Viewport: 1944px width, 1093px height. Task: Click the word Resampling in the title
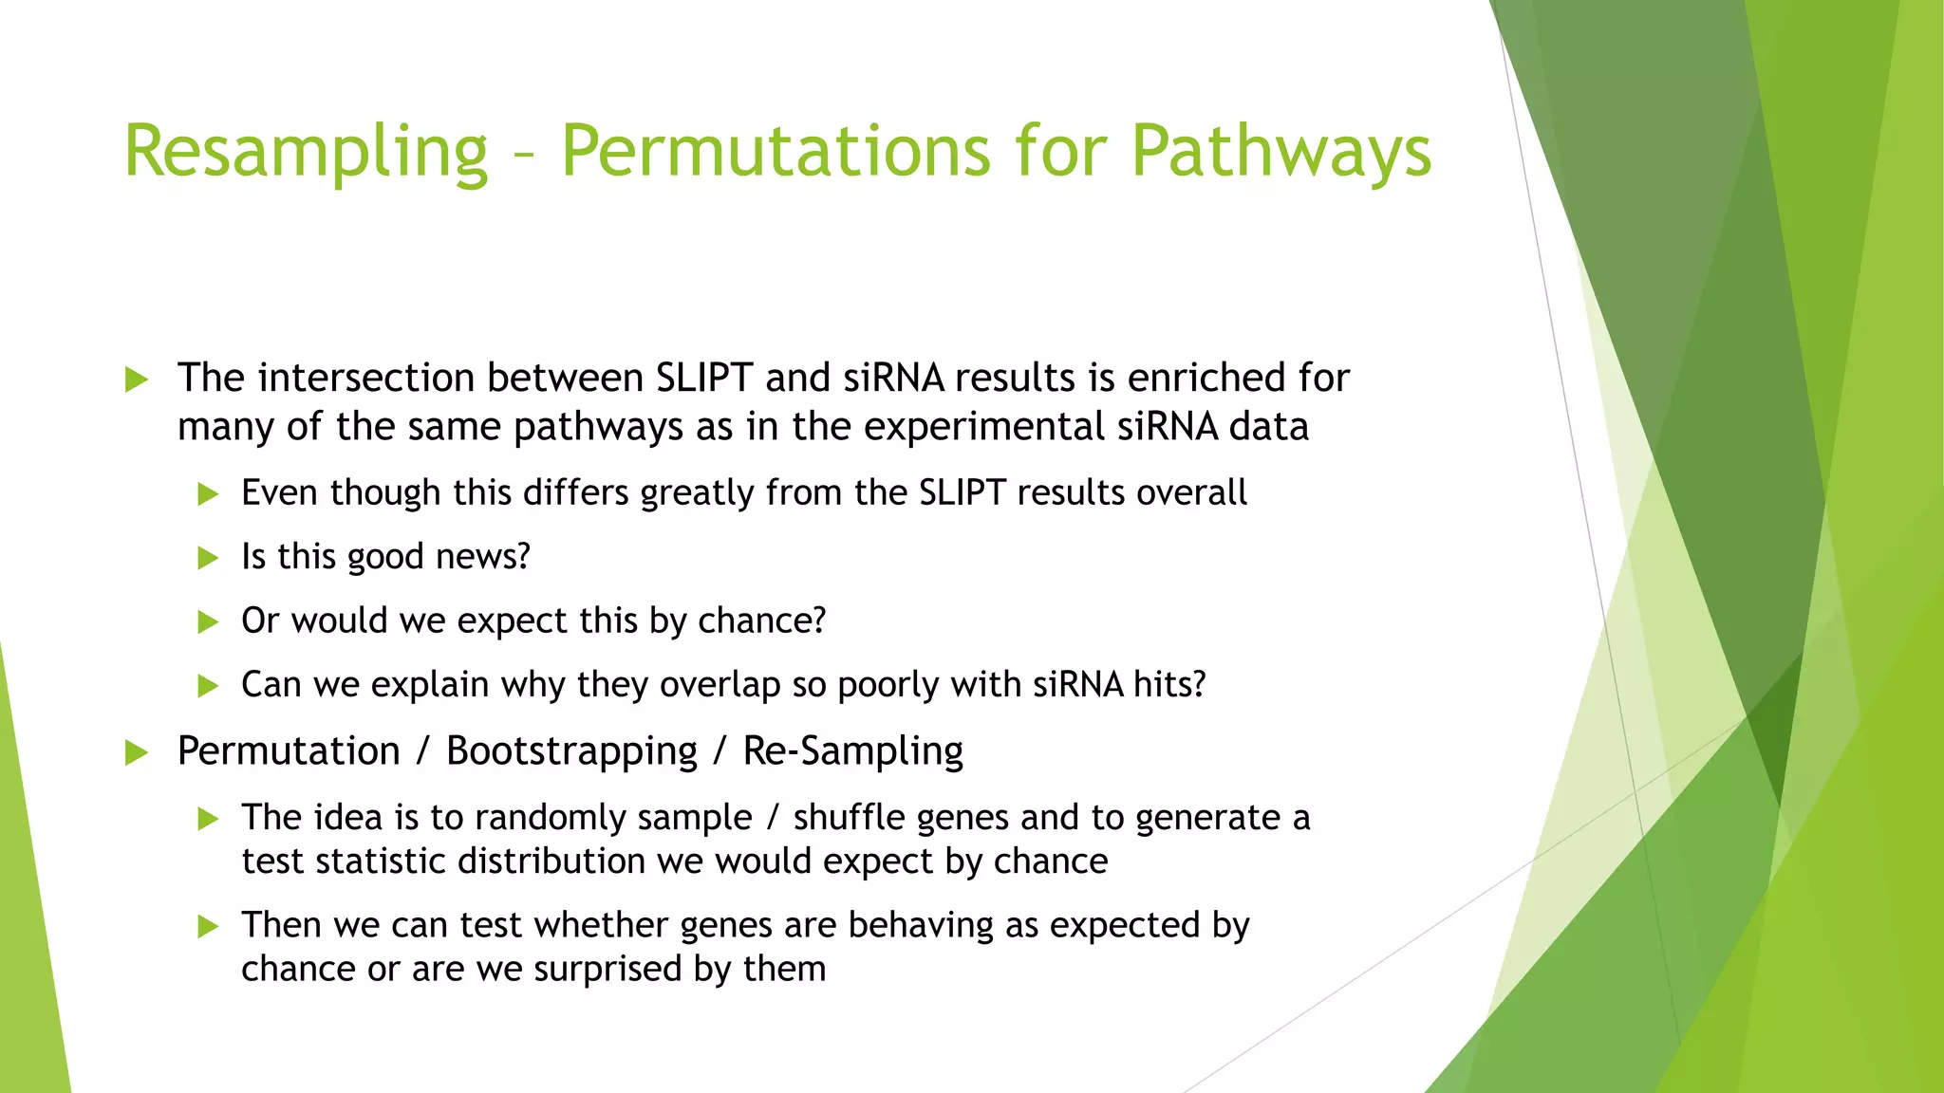[306, 152]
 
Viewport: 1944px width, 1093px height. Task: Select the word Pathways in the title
[1280, 152]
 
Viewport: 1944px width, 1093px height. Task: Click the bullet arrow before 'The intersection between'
[137, 380]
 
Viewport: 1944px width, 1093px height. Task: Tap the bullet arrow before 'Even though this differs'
[208, 494]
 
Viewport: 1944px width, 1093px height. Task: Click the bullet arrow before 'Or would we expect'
[208, 622]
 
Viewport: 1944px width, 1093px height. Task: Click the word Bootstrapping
[572, 751]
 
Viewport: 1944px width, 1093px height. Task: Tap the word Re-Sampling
[852, 751]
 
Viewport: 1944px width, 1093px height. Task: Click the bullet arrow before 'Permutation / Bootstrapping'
[137, 754]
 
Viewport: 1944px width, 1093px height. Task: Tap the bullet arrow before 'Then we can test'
[208, 927]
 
